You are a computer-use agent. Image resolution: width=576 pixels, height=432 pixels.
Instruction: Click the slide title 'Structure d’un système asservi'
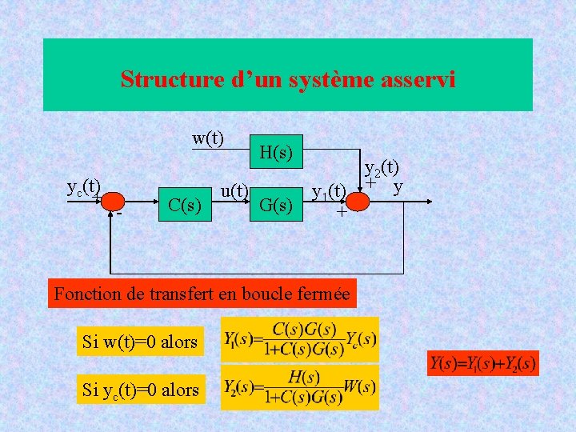(x=287, y=79)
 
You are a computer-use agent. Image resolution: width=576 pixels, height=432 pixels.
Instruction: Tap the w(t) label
(x=207, y=138)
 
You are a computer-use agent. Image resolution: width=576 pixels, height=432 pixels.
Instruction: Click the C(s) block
(x=185, y=205)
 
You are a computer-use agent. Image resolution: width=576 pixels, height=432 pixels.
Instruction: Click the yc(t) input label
(x=82, y=188)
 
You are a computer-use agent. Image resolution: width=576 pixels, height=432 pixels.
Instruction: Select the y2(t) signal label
(x=382, y=168)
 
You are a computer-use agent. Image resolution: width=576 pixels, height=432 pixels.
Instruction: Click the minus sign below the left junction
(x=118, y=215)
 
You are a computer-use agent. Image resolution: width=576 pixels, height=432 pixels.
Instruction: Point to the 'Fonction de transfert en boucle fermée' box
(x=202, y=294)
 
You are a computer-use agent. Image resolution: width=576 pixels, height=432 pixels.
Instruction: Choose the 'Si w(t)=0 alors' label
(x=140, y=342)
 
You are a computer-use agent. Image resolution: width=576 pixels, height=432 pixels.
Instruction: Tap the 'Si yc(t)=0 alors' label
(x=140, y=390)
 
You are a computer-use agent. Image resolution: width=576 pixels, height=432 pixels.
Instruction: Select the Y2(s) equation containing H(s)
(x=300, y=386)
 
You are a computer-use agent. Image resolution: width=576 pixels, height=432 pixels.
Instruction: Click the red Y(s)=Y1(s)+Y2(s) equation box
(x=482, y=363)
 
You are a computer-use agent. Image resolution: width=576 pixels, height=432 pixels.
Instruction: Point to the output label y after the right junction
(x=397, y=187)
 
